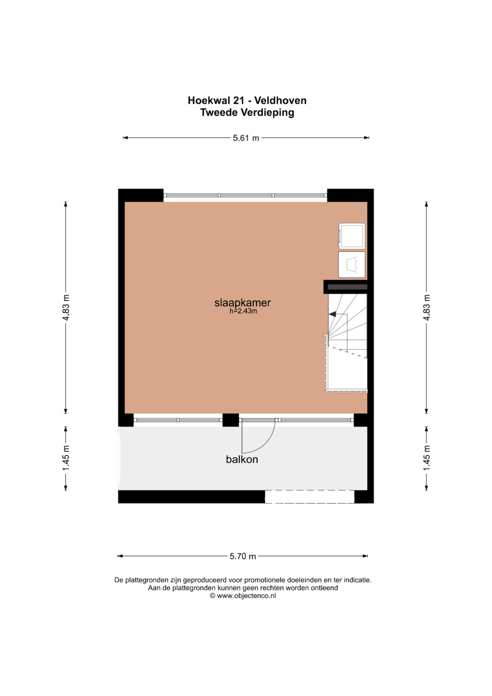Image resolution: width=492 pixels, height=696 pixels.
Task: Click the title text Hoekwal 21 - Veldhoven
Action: coord(247,100)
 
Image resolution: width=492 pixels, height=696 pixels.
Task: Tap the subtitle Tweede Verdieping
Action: coord(247,112)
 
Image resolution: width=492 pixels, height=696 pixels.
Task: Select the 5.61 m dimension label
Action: coord(246,138)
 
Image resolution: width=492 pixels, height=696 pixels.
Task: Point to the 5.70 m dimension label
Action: coord(242,556)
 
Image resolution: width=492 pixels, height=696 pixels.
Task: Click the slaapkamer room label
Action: coord(242,303)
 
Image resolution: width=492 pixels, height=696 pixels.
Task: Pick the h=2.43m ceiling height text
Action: coord(243,311)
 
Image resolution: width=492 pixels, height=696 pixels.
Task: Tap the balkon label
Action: coord(242,459)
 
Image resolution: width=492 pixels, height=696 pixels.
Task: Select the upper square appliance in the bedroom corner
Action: coord(352,236)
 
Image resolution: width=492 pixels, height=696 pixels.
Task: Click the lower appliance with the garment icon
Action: coord(352,264)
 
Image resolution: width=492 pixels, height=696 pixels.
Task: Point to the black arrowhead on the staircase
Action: coord(332,314)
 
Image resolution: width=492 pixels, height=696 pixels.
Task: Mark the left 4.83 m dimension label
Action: coord(66,308)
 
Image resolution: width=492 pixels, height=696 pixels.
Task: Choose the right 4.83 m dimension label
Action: coord(426,308)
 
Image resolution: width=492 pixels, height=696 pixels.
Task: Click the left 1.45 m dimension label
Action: coord(66,458)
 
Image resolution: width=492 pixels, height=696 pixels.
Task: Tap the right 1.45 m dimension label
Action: coord(426,458)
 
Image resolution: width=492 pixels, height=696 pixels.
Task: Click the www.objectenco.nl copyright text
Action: coord(243,596)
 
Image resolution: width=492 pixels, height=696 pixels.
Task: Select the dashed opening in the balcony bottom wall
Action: coord(309,496)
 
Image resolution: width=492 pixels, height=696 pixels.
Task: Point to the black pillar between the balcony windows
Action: coord(231,420)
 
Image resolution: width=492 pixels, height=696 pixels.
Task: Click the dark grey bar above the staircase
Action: coord(348,288)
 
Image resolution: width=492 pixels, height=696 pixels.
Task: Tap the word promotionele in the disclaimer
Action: coord(261,580)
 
